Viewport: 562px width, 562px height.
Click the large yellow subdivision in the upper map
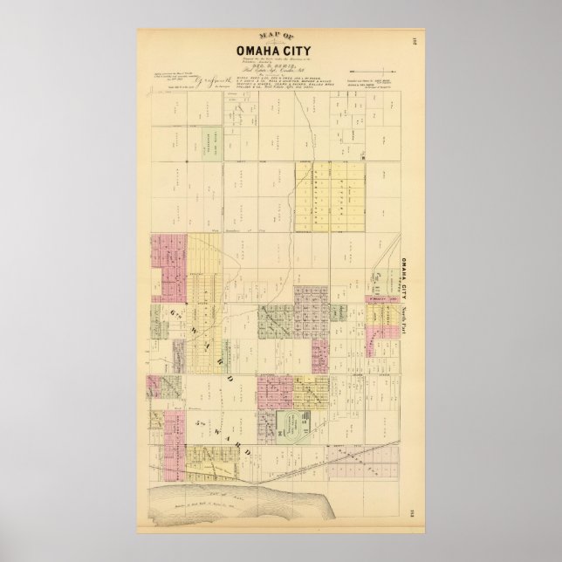tap(322, 196)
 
